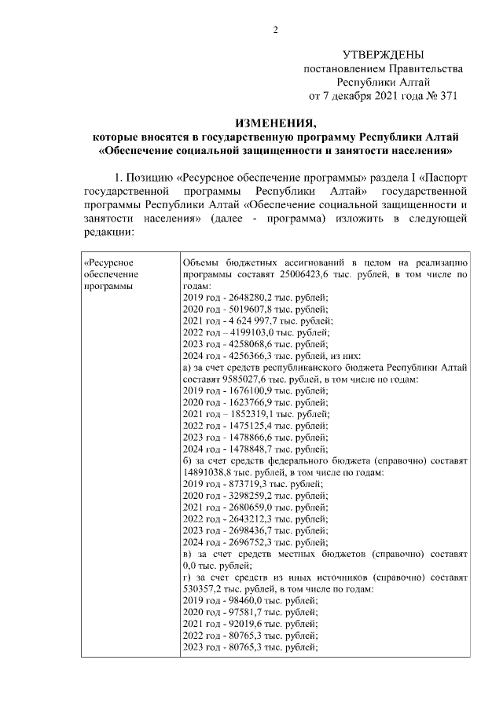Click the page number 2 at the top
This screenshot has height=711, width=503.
coord(275,30)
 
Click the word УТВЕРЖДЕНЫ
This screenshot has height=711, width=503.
coord(384,54)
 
